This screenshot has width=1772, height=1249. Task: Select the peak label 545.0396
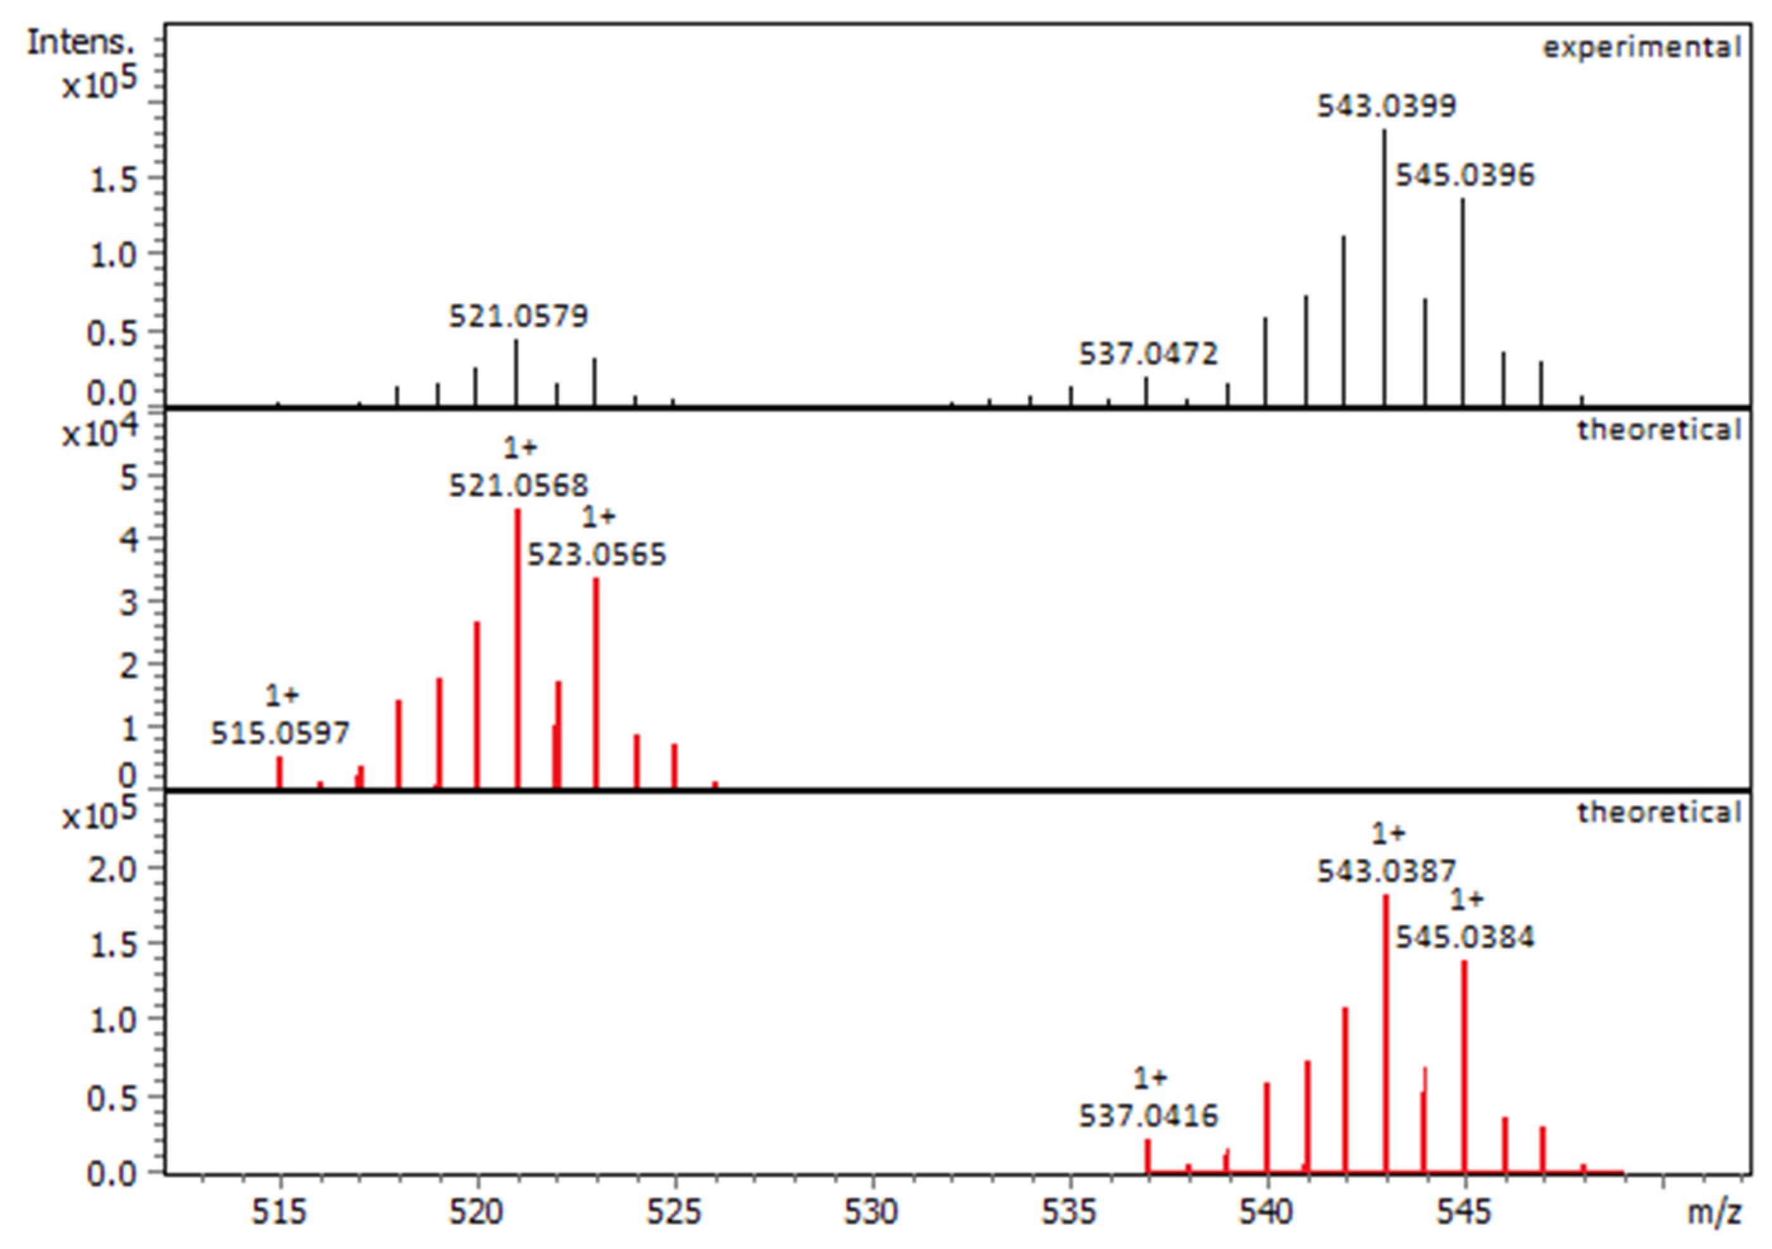pos(1465,175)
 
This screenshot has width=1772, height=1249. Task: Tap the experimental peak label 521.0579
pos(518,315)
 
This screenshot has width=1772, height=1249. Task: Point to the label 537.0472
pos(1147,354)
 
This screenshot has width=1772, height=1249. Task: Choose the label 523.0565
pos(596,554)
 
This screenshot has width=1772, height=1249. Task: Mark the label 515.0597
pos(280,732)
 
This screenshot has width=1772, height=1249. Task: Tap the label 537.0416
pos(1147,1115)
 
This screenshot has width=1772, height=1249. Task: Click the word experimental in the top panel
pos(1641,48)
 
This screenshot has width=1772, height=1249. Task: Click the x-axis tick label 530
pos(871,1212)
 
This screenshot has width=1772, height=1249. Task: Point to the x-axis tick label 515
pos(279,1212)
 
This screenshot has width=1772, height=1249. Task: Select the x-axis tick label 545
pos(1464,1212)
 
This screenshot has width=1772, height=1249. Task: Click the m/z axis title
pos(1713,1212)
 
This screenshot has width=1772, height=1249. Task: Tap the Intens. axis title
pos(80,42)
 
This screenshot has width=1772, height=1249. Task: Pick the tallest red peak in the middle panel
pos(517,648)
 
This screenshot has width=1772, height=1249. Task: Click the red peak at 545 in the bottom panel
pos(1464,1065)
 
